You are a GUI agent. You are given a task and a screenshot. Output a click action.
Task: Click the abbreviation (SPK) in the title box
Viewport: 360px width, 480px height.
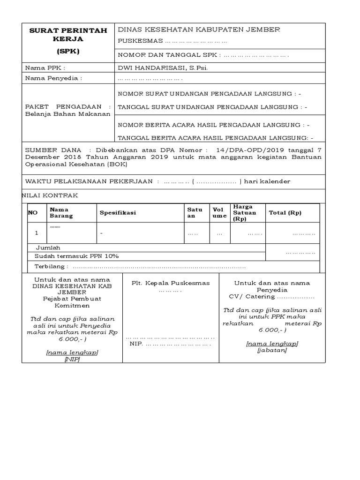pos(68,51)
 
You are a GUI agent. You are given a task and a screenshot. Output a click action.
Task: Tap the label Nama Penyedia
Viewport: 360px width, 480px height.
pos(53,78)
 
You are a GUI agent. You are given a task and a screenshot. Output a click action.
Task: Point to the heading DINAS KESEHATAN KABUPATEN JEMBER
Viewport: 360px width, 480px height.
pos(199,30)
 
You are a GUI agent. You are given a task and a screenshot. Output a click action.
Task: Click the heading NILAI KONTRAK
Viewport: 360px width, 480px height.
pos(50,195)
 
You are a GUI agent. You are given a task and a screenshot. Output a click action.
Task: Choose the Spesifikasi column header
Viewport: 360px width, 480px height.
pos(117,213)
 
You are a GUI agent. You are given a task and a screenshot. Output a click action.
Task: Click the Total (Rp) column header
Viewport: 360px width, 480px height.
pos(285,213)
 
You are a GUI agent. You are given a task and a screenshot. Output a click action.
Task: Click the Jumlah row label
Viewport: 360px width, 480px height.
pos(48,247)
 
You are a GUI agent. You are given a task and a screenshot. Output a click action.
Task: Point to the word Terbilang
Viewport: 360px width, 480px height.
pos(51,267)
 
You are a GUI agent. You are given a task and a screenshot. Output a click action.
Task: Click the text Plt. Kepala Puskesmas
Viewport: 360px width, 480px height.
pos(170,283)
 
